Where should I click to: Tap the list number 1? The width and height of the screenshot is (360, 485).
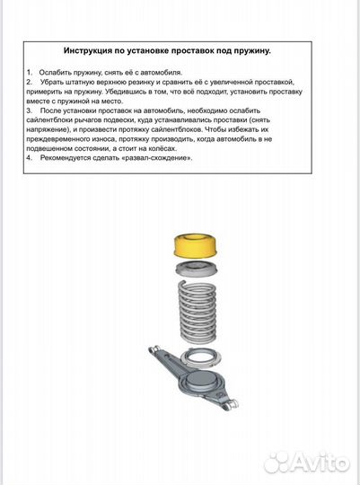coord(30,70)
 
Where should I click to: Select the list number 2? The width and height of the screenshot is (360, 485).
coord(30,80)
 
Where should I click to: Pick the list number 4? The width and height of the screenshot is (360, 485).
coord(30,158)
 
